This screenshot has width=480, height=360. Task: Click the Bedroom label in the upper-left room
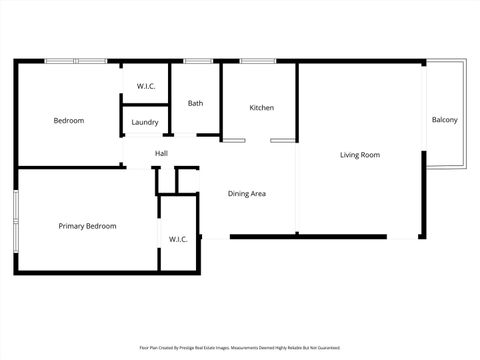pyautogui.click(x=69, y=121)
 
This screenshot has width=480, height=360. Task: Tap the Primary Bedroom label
pyautogui.click(x=87, y=226)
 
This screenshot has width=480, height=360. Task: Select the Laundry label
pyautogui.click(x=145, y=122)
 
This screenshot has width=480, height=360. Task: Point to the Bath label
pyautogui.click(x=196, y=103)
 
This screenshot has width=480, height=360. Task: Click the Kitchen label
pyautogui.click(x=261, y=108)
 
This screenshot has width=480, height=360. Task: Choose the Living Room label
pyautogui.click(x=359, y=155)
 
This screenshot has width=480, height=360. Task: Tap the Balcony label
pyautogui.click(x=444, y=121)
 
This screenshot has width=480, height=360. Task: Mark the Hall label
pyautogui.click(x=161, y=153)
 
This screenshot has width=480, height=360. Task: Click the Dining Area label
pyautogui.click(x=246, y=193)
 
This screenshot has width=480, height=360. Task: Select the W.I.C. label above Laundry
pyautogui.click(x=145, y=87)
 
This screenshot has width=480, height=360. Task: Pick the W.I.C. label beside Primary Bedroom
pyautogui.click(x=178, y=239)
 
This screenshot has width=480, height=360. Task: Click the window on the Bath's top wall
pyautogui.click(x=197, y=61)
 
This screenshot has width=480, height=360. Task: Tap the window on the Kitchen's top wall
pyautogui.click(x=258, y=61)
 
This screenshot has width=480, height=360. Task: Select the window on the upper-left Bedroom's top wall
pyautogui.click(x=76, y=61)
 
